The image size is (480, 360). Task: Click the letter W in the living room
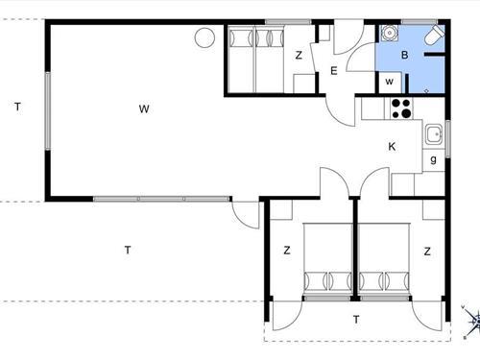click(143, 108)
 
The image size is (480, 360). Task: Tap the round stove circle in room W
click(204, 37)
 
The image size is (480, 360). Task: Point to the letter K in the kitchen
click(392, 147)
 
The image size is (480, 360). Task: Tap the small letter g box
click(434, 159)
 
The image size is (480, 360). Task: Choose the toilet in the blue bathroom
click(434, 38)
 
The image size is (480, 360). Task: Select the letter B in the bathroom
click(404, 56)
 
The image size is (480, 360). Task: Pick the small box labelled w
click(390, 82)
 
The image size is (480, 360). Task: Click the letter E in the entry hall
click(333, 70)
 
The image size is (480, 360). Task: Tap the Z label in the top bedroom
click(299, 56)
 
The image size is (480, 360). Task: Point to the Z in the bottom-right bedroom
click(427, 251)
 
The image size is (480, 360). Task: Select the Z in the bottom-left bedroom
click(286, 251)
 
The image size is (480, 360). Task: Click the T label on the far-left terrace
click(17, 107)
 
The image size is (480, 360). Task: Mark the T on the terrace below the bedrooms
click(355, 319)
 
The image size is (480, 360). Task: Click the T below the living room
click(127, 251)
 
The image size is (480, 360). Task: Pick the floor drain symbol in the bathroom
click(426, 88)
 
